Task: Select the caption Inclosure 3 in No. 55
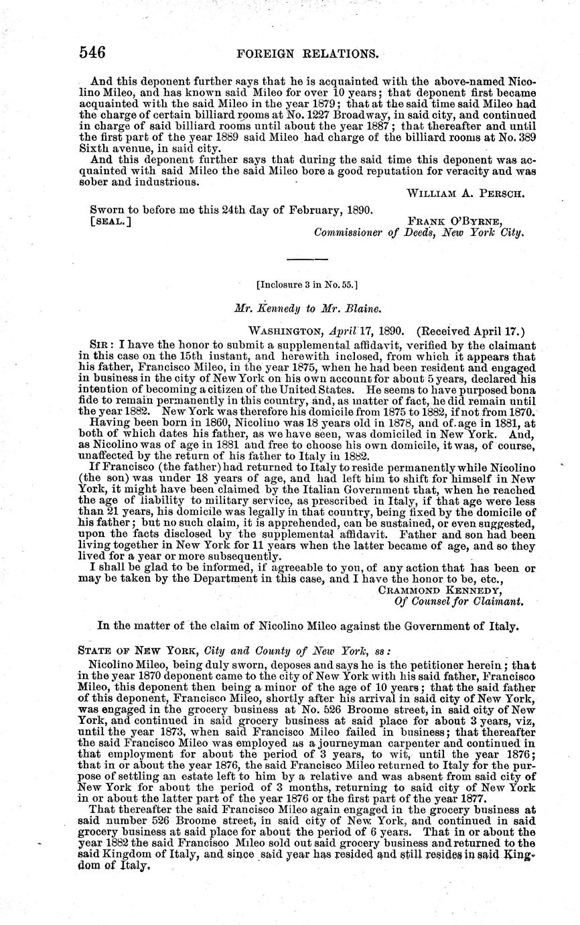tap(307, 284)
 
